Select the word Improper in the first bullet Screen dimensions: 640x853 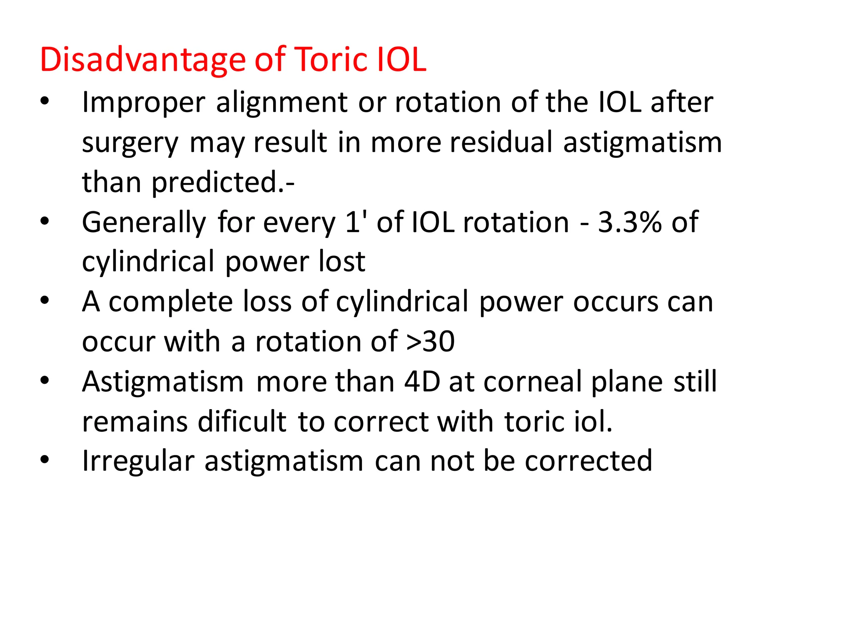143,102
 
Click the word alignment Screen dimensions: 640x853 282,102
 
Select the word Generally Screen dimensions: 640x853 144,222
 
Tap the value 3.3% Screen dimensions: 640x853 629,222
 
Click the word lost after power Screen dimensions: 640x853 342,262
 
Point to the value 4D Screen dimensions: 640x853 422,382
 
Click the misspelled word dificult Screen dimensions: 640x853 242,422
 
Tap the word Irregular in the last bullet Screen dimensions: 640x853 138,461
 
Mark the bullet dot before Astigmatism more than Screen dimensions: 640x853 45,380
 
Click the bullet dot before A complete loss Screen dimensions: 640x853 45,300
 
